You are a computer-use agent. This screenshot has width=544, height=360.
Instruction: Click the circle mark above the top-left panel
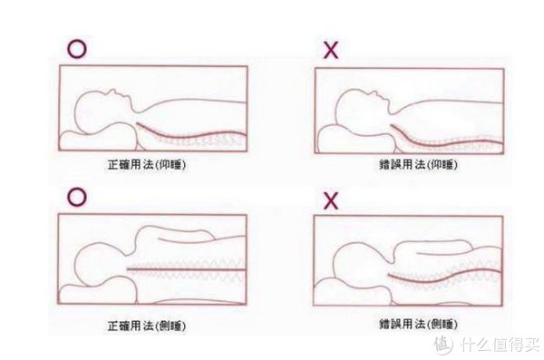(x=76, y=49)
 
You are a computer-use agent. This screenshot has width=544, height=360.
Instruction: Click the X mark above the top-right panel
(x=330, y=50)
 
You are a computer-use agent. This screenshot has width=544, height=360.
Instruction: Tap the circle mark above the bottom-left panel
(x=76, y=196)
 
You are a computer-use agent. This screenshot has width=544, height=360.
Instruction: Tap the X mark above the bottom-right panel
(x=330, y=200)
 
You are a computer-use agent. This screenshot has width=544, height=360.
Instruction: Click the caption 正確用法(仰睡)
(x=151, y=166)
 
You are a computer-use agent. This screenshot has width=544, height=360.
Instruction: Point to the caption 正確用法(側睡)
(x=151, y=324)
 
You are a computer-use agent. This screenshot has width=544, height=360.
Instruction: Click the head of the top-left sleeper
(x=99, y=110)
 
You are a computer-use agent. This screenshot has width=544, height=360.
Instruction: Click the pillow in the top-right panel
(x=354, y=139)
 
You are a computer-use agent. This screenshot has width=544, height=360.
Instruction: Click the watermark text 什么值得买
(x=499, y=342)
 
